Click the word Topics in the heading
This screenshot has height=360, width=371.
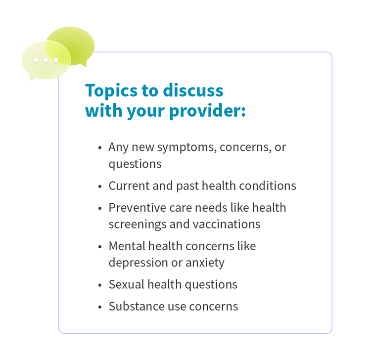(x=111, y=91)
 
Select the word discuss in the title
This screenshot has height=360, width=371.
(x=193, y=90)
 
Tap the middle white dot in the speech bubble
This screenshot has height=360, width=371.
(x=46, y=60)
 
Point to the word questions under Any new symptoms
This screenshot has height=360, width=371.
(x=135, y=164)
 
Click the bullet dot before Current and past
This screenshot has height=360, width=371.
(x=100, y=186)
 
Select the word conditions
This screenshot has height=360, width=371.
(x=268, y=185)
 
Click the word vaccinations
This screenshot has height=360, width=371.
(x=227, y=224)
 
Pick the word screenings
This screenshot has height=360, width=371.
(x=138, y=225)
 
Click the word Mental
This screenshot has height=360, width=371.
(x=127, y=246)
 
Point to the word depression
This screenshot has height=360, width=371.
(x=139, y=263)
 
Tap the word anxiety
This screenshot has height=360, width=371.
(x=205, y=263)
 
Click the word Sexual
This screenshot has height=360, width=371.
(x=127, y=284)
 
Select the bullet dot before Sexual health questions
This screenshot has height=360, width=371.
(x=100, y=285)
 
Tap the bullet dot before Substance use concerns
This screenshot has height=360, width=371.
(x=100, y=307)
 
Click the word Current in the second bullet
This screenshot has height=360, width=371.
(x=129, y=185)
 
